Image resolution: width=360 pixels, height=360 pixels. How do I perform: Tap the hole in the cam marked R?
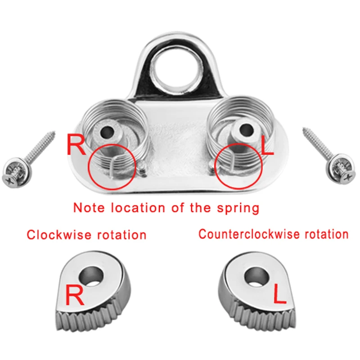tap(92, 275)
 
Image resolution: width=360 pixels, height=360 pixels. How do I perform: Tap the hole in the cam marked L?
tap(255, 275)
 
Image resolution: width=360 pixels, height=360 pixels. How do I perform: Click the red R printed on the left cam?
tap(76, 297)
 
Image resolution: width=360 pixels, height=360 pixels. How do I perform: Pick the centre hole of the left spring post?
tap(108, 133)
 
